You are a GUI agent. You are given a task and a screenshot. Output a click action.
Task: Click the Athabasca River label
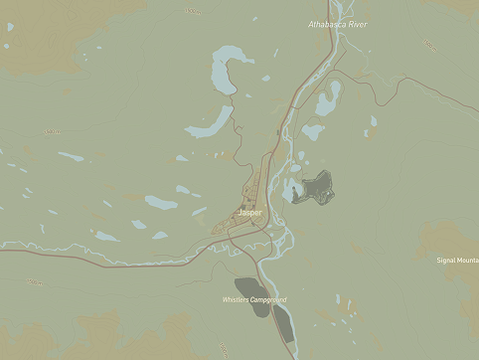click(338, 24)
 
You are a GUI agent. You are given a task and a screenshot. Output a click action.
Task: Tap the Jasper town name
click(250, 212)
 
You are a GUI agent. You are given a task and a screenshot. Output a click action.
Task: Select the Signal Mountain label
click(457, 261)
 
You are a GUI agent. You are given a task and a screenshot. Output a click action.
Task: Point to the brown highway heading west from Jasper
click(99, 253)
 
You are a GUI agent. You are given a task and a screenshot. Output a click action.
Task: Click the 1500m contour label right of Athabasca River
click(430, 45)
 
